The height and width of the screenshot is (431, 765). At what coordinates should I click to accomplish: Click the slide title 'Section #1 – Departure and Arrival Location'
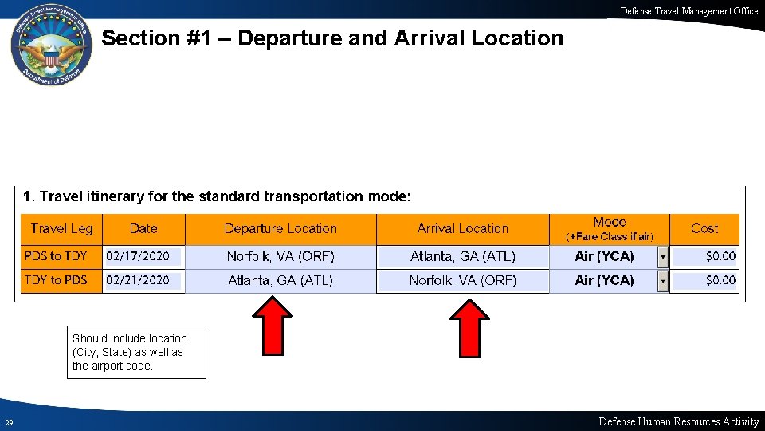[x=332, y=38]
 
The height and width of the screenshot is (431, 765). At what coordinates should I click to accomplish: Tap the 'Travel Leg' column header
[x=61, y=229]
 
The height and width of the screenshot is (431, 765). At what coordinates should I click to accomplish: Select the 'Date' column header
[x=143, y=229]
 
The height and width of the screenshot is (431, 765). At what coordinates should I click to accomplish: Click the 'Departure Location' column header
[x=280, y=229]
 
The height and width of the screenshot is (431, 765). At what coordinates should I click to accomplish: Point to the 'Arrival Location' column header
[x=462, y=229]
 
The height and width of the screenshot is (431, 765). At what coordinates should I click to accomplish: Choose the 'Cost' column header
[x=704, y=229]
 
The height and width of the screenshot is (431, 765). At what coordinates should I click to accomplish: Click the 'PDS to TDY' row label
[x=56, y=256]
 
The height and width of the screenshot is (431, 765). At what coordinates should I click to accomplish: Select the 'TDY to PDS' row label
[x=56, y=280]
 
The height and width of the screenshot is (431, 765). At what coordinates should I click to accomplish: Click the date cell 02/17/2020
[x=138, y=256]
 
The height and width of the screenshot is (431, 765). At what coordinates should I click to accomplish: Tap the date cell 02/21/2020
[x=138, y=280]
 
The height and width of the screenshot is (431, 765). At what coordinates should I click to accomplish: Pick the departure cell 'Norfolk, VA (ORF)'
[x=280, y=256]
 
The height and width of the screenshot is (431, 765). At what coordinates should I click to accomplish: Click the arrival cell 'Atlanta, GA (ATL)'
[x=463, y=256]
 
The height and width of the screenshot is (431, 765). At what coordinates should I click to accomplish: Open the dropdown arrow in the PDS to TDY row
[x=662, y=257]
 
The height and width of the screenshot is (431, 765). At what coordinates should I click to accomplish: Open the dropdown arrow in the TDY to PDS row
[x=662, y=281]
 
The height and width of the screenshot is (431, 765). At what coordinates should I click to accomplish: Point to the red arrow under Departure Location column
[x=279, y=326]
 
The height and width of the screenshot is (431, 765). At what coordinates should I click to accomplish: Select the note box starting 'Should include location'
[x=136, y=352]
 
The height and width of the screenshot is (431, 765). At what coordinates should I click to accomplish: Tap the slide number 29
[x=8, y=422]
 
